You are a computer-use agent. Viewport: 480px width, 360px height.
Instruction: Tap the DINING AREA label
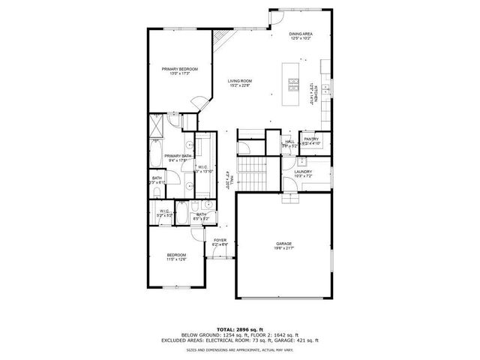tap(300, 34)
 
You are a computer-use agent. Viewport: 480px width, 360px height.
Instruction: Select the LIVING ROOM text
tap(240, 81)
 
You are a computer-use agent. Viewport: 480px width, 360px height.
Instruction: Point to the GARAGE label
tap(283, 245)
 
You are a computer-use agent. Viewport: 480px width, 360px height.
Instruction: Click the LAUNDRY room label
tap(302, 172)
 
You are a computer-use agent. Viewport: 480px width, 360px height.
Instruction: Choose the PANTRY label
tap(311, 139)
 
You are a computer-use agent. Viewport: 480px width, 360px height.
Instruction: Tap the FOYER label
tap(219, 241)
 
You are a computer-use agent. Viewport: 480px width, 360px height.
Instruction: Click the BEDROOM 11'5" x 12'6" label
tap(176, 256)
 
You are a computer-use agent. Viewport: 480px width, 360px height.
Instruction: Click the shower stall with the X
tap(158, 124)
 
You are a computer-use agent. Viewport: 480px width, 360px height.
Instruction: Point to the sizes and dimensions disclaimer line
tap(240, 349)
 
